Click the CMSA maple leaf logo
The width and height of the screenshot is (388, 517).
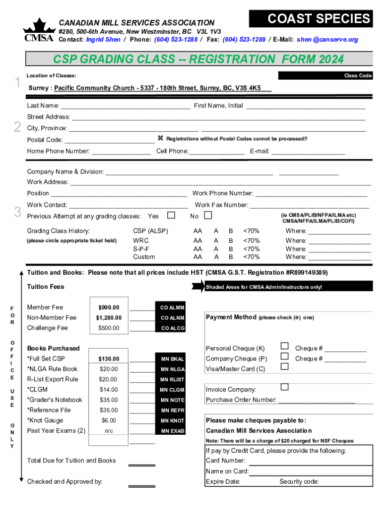point(38,31)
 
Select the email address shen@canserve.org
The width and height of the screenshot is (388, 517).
point(328,39)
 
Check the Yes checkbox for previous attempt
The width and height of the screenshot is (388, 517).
point(171,216)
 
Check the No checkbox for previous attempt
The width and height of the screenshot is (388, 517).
point(207,216)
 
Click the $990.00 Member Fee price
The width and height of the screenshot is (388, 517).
point(108,307)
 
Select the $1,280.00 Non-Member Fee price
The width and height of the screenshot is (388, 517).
point(108,318)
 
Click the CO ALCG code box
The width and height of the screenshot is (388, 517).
point(172,328)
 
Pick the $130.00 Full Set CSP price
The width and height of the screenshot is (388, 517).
point(108,359)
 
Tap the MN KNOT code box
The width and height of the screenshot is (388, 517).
point(172,421)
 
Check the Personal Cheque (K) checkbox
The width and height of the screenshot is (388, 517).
point(284,346)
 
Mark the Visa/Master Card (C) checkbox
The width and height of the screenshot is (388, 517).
point(284,366)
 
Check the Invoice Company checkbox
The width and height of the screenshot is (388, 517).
point(284,387)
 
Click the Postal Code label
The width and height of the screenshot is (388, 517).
point(45,140)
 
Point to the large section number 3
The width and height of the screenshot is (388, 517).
point(17,213)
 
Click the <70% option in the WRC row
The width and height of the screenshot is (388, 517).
point(251,241)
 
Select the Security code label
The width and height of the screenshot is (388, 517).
point(299,482)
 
